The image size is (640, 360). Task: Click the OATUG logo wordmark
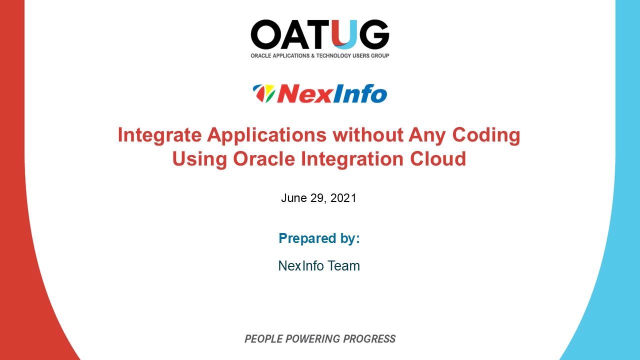319,34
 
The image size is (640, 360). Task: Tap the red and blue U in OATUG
345,34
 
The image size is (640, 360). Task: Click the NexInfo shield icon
264,93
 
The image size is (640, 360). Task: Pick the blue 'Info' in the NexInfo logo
359,93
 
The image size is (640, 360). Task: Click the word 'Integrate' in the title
159,135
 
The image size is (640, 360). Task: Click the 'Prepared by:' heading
319,238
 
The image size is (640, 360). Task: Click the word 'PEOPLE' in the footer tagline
263,339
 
